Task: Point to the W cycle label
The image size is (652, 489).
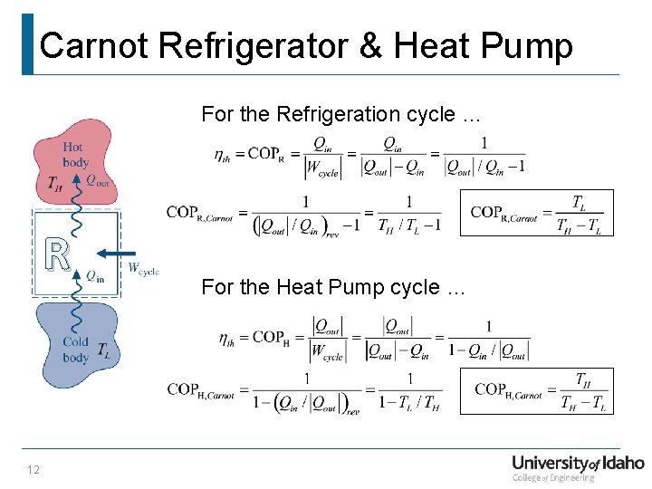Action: (143, 269)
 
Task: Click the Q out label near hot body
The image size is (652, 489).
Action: (97, 180)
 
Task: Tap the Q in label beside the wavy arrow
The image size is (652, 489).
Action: (95, 276)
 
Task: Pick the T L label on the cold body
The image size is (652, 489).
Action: (104, 350)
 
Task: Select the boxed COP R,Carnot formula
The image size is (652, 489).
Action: (536, 214)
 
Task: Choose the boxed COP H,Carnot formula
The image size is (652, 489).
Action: (536, 390)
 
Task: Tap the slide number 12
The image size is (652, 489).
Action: (34, 468)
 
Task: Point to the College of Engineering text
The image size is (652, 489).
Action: (553, 478)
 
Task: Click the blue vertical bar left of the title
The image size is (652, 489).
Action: (27, 43)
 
